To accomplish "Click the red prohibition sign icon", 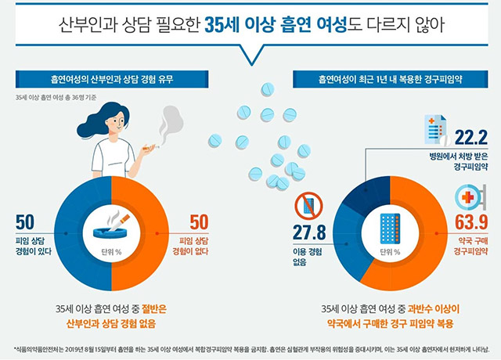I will point(308,206).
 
